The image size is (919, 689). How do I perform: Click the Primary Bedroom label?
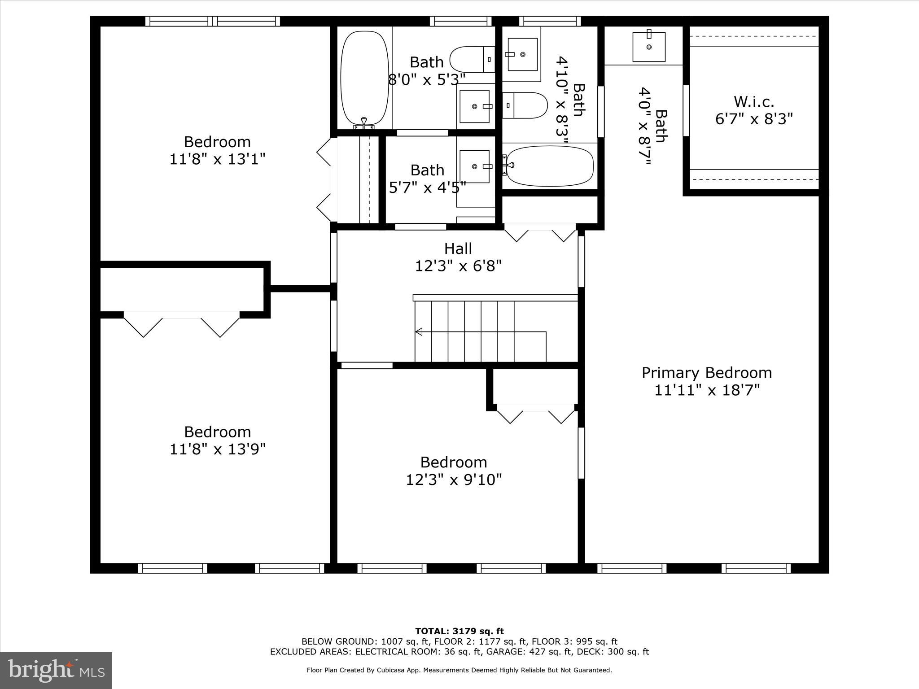(x=706, y=373)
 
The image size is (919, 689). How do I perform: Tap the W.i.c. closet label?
(x=753, y=102)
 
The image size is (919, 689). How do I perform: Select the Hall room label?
(x=458, y=249)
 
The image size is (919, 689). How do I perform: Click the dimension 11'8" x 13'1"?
(x=217, y=159)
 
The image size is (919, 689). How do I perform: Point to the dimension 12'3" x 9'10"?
(x=454, y=480)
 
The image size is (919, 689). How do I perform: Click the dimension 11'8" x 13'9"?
(x=217, y=449)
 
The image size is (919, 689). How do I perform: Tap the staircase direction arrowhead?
(x=419, y=332)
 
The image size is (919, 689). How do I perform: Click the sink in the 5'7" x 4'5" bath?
(x=474, y=166)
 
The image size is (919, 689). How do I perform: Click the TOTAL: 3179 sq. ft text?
(x=459, y=631)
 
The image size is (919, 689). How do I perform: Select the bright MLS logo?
(x=56, y=670)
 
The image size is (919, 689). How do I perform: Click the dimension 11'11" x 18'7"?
(x=706, y=390)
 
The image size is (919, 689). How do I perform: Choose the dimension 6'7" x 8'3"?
(x=753, y=119)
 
